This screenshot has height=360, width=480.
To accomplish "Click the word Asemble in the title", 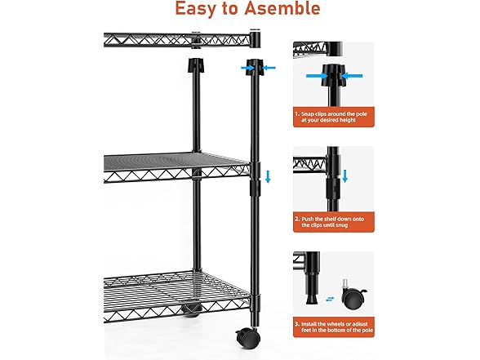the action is click(x=282, y=8).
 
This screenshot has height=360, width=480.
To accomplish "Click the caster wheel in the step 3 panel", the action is click(x=353, y=296).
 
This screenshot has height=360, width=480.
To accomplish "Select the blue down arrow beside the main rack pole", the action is click(x=268, y=177).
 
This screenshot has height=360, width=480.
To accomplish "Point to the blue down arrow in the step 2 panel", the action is click(x=345, y=176).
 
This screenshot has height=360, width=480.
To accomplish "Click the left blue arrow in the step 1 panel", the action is click(x=317, y=75).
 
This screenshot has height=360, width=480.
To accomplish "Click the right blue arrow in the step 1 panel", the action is click(x=352, y=75).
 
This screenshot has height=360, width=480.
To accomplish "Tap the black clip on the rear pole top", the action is click(x=195, y=65).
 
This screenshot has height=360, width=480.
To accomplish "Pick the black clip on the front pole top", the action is click(x=255, y=66).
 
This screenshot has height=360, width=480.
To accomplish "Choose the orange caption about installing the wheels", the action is click(x=334, y=327).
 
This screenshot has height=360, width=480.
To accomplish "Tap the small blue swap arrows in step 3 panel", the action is click(x=330, y=299).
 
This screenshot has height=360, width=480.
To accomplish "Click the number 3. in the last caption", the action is click(x=297, y=323).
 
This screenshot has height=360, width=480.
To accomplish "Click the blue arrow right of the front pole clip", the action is click(x=269, y=68).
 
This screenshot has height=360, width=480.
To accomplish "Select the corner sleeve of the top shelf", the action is click(x=255, y=38).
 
